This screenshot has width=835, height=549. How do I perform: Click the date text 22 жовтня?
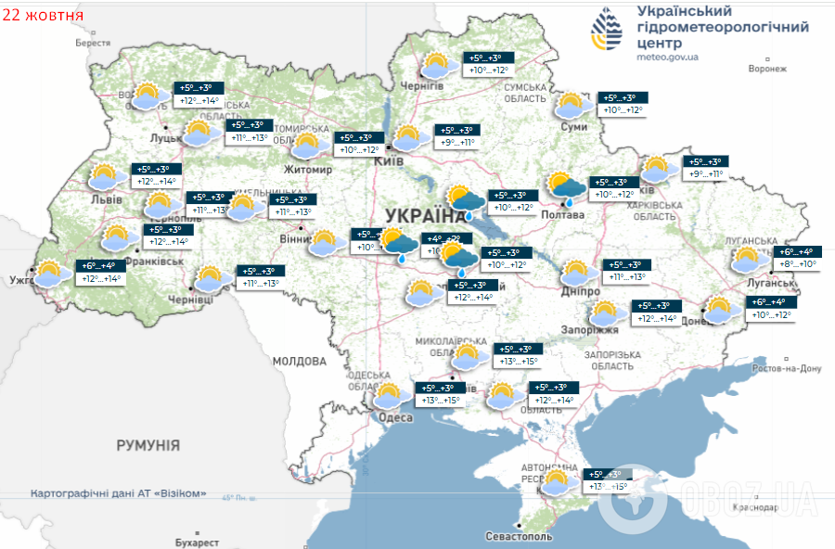(43, 16)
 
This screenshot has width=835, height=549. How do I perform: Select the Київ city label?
(387, 161)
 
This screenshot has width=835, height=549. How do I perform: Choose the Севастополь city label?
(519, 536)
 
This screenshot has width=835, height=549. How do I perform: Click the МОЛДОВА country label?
(300, 360)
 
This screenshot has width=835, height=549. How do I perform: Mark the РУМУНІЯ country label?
(148, 446)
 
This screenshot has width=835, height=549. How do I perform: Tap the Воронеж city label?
(767, 69)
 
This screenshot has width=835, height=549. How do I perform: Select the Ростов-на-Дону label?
(787, 368)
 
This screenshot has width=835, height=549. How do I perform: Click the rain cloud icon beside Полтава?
(563, 187)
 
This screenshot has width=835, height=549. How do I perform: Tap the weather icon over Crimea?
(557, 482)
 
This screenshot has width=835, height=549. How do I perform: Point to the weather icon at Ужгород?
(48, 274)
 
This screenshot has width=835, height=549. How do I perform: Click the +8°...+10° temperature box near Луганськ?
(796, 263)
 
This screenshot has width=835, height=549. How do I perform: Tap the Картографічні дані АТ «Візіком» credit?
(118, 493)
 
